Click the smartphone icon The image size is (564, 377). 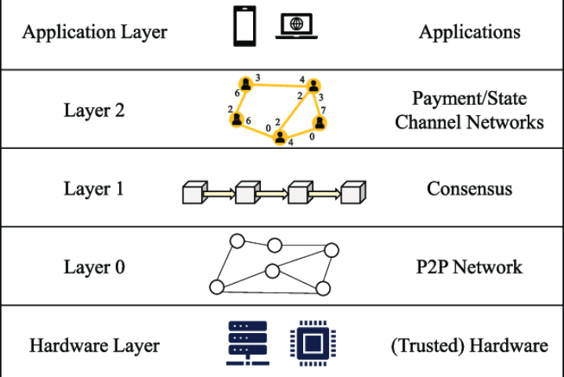tap(244, 26)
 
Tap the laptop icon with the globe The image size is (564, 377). tap(296, 26)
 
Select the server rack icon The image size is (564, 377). tap(248, 343)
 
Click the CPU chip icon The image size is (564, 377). tap(313, 343)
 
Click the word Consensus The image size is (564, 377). tap(469, 188)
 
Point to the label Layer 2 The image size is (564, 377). tap(94, 110)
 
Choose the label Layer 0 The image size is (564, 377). tap(94, 267)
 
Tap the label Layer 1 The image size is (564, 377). tap(93, 188)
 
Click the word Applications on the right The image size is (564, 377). tap(469, 32)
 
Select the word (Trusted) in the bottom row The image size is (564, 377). tap(428, 346)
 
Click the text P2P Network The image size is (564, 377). tap(469, 267)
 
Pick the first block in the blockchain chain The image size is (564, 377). tap(195, 193)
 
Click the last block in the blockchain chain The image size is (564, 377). tap(353, 193)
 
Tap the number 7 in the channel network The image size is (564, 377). tap(324, 110)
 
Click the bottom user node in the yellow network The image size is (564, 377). tap(280, 137)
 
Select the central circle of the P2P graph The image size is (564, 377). tap(273, 271)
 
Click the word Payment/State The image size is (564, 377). tap(469, 99)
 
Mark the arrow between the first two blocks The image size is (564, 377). tap(219, 194)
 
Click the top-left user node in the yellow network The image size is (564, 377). tap(246, 84)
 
